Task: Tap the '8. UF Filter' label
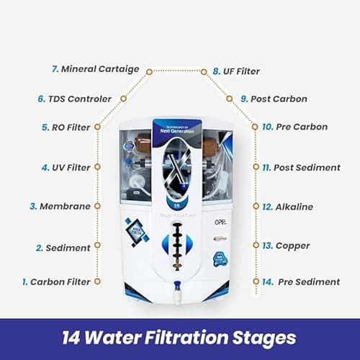click(x=235, y=71)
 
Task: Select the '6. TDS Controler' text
click(x=74, y=99)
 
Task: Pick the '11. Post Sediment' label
click(x=300, y=167)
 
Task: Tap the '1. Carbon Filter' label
click(x=55, y=282)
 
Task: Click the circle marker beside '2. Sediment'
click(x=98, y=247)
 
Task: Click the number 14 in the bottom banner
click(x=75, y=336)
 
